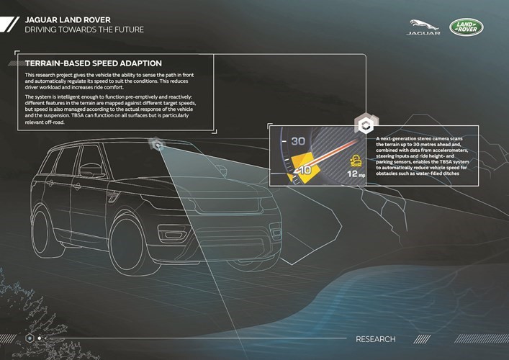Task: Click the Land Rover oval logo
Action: point(466,27)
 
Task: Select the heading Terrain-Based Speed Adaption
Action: point(93,63)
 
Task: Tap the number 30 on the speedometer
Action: point(298,141)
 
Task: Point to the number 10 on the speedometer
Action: point(305,169)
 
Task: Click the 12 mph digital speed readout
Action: point(356,174)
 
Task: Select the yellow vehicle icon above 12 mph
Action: point(356,161)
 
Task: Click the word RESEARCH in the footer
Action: point(376,339)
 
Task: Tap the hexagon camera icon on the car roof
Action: point(156,144)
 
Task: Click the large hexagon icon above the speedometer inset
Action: point(366,124)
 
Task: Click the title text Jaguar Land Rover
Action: point(68,20)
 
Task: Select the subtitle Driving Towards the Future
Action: point(84,30)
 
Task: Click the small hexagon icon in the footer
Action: point(30,338)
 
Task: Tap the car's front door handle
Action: point(77,186)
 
